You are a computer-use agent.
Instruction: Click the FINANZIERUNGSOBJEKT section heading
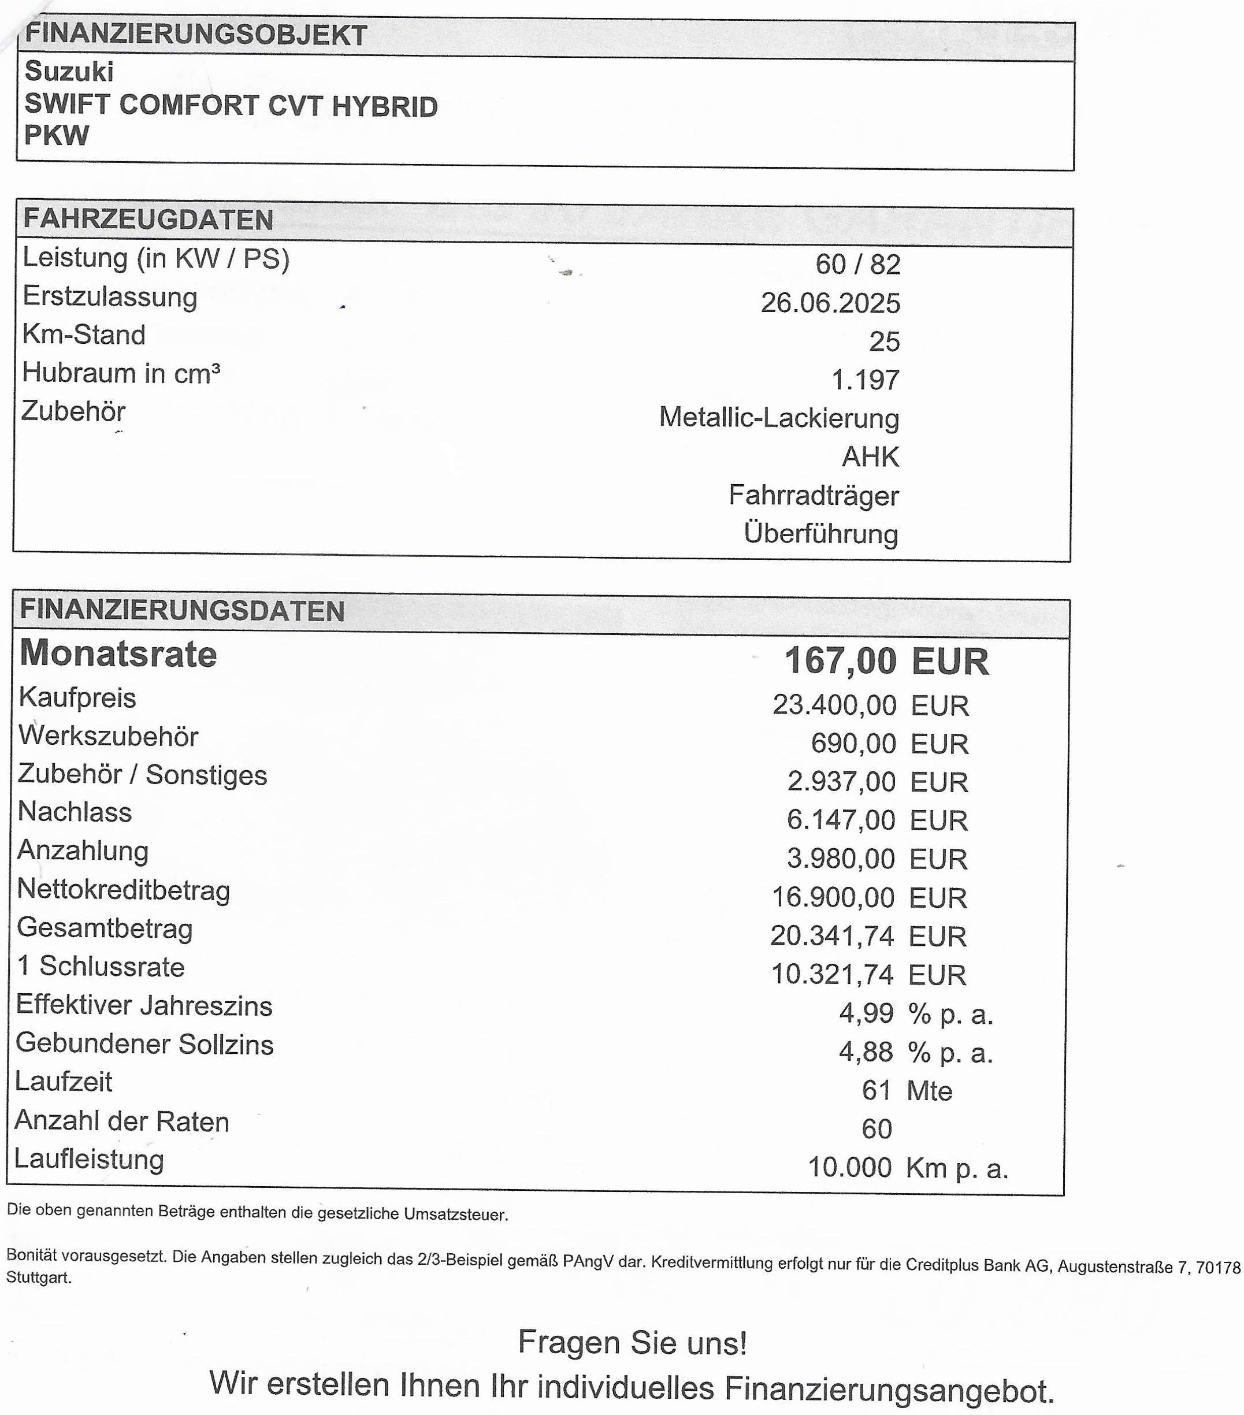pyautogui.click(x=195, y=35)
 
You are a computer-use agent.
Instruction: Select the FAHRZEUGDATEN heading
pyautogui.click(x=148, y=220)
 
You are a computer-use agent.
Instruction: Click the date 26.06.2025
pyautogui.click(x=830, y=303)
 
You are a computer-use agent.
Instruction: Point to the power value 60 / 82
pyautogui.click(x=857, y=265)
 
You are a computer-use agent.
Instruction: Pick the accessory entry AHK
pyautogui.click(x=870, y=457)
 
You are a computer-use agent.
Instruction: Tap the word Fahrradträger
pyautogui.click(x=814, y=496)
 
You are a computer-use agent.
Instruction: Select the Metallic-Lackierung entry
pyautogui.click(x=779, y=418)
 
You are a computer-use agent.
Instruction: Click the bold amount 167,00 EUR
pyautogui.click(x=886, y=661)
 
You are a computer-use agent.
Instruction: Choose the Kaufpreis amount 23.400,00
pyautogui.click(x=834, y=705)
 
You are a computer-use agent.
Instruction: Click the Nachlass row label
pyautogui.click(x=75, y=812)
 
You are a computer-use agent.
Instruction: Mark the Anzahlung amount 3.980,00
pyautogui.click(x=841, y=859)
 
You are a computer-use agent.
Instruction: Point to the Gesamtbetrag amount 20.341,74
pyautogui.click(x=832, y=937)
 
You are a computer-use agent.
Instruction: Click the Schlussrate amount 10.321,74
pyautogui.click(x=832, y=975)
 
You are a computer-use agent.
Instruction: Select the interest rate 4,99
pyautogui.click(x=866, y=1013)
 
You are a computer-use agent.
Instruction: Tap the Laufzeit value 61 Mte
pyautogui.click(x=906, y=1091)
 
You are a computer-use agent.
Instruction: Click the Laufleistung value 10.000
pyautogui.click(x=849, y=1168)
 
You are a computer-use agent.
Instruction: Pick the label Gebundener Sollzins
pyautogui.click(x=144, y=1044)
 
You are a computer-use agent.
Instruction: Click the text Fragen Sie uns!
pyautogui.click(x=632, y=1343)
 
